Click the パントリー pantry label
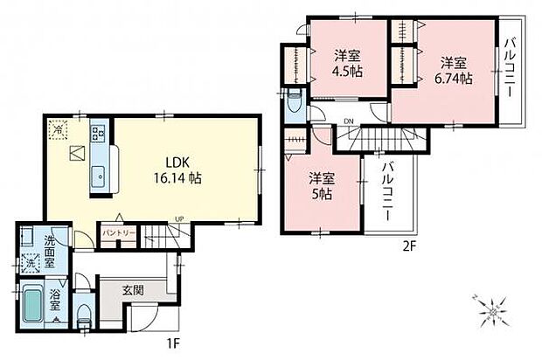[x=117, y=232]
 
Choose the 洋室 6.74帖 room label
[x=455, y=70]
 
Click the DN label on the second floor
[x=348, y=121]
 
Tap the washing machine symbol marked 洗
[x=31, y=262]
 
